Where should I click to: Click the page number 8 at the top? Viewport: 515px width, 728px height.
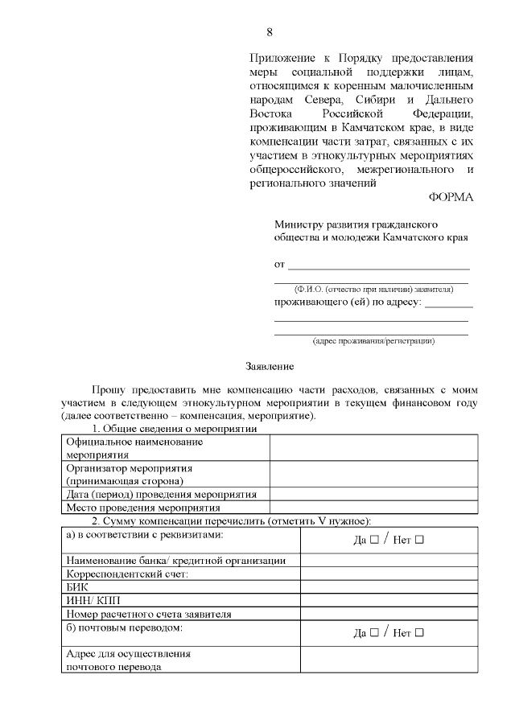270,33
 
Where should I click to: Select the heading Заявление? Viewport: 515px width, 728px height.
269,367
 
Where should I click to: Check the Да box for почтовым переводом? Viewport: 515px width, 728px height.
373,633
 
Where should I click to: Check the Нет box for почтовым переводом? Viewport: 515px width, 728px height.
418,633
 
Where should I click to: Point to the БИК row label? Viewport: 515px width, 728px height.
76,587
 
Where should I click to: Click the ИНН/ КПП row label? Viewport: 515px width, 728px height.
91,600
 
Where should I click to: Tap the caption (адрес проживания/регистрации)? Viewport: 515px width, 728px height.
373,341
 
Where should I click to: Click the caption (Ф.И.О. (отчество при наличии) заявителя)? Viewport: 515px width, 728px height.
371,289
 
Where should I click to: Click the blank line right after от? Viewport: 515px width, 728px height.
378,265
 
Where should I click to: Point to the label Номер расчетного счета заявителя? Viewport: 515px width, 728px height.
149,614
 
